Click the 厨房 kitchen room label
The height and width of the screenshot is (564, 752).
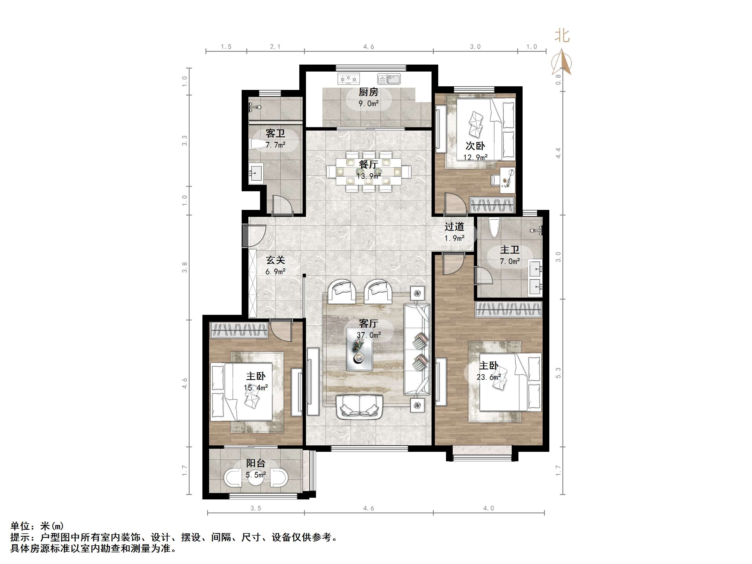[x=369, y=92]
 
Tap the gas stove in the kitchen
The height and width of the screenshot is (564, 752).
[x=349, y=79]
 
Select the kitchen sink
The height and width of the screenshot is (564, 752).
[x=389, y=79]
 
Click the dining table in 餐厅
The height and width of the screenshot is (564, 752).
[x=369, y=171]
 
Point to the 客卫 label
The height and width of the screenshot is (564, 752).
[x=275, y=133]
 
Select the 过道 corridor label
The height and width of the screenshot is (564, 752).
[x=454, y=226]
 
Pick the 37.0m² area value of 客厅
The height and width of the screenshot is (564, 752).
[x=369, y=335]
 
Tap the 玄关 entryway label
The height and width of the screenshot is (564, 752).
[x=275, y=260]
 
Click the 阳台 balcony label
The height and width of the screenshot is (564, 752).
[x=256, y=463]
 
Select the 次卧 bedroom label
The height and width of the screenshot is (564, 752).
[x=475, y=146]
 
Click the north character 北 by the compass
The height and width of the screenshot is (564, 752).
[x=562, y=35]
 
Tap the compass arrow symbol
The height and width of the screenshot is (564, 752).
[x=562, y=62]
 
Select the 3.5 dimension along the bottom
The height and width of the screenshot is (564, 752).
[x=256, y=508]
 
